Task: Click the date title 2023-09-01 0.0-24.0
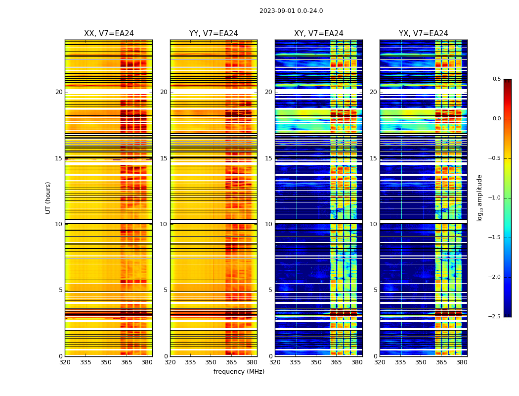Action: point(291,11)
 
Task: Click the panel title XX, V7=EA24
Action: point(109,34)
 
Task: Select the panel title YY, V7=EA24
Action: point(214,34)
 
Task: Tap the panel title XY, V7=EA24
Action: point(319,34)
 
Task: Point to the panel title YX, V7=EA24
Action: point(424,34)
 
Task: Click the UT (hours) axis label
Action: point(48,198)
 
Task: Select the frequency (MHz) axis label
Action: point(239,372)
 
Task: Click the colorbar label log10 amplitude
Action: point(479,198)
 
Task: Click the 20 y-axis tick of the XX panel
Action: point(59,92)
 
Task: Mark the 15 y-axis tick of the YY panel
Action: point(164,158)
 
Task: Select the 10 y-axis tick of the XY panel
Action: point(268,224)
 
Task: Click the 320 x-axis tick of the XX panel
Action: point(65,362)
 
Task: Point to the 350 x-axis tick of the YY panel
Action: point(211,362)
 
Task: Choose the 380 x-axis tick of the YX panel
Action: point(462,362)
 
